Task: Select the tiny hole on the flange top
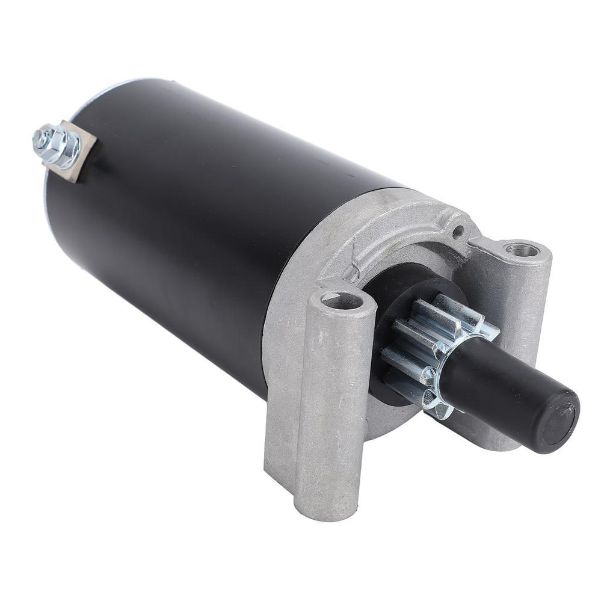[x=458, y=229]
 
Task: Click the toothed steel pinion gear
[x=421, y=349]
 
